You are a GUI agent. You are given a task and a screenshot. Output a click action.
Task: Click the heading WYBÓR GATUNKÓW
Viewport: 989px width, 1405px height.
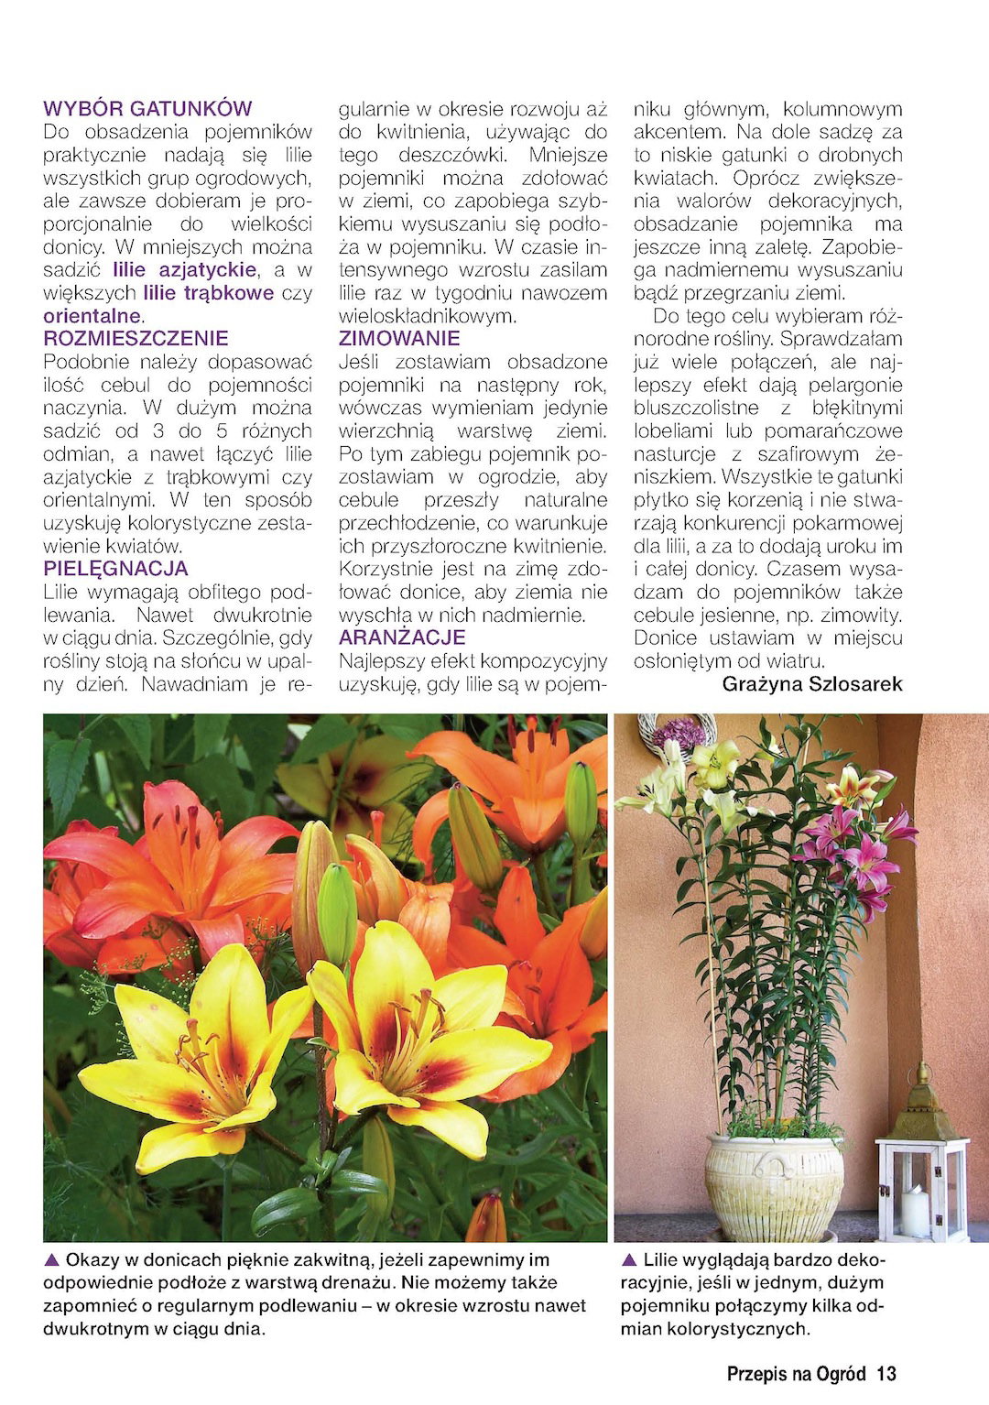(x=147, y=109)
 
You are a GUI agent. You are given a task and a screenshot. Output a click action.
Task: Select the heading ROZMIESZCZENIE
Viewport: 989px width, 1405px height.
(x=136, y=339)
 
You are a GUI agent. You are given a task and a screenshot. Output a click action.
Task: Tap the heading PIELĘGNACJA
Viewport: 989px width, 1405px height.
(x=115, y=569)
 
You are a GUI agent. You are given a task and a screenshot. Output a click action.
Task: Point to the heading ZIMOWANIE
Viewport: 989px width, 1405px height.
(x=399, y=339)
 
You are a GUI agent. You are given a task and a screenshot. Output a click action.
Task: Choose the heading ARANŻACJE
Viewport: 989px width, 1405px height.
(x=402, y=637)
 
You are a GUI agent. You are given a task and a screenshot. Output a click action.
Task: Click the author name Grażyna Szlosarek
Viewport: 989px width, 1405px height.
(x=811, y=684)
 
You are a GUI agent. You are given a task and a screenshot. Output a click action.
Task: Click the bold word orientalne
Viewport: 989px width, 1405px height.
(x=92, y=316)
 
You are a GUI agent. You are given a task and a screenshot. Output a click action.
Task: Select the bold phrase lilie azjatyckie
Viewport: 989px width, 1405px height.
(x=184, y=270)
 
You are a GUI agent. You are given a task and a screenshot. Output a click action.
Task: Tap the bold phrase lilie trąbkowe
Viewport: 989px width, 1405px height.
(x=209, y=293)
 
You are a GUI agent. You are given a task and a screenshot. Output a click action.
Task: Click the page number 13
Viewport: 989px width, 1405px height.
(x=886, y=1374)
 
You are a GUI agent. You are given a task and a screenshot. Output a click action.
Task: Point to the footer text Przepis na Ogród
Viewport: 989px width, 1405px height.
(x=796, y=1374)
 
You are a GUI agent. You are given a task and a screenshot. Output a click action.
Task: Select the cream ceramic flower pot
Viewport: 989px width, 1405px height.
(x=775, y=1186)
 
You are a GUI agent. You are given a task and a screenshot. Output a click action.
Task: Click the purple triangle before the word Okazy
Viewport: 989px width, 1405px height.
(x=51, y=1260)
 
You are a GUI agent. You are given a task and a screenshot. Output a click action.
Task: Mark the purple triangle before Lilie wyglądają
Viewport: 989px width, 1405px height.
(x=629, y=1260)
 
